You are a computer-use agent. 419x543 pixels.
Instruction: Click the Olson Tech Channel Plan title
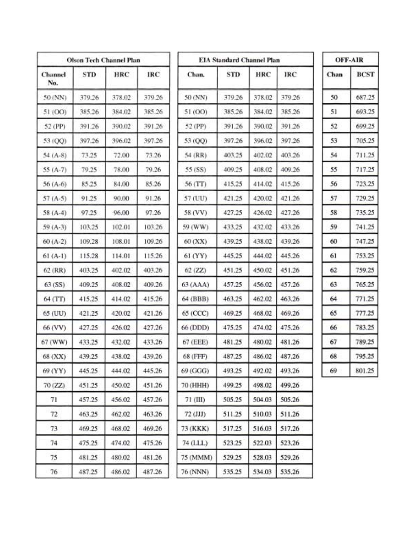point(103,60)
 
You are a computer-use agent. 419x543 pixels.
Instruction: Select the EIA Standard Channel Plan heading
point(239,60)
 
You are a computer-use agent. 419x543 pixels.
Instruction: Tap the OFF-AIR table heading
point(349,60)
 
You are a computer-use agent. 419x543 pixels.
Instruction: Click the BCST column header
point(365,74)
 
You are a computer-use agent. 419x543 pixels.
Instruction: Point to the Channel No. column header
point(54,78)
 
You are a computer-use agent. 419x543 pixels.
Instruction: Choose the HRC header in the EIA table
point(263,74)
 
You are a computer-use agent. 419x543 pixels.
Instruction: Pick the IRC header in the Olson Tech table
point(153,74)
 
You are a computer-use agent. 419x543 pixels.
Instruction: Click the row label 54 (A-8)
point(54,155)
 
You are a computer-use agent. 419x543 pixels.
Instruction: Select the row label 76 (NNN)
point(196,472)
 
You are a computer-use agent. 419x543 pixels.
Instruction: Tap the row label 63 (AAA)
point(195,284)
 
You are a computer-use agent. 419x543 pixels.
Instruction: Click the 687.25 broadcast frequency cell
point(365,97)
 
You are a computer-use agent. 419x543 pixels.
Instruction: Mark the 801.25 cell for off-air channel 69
point(365,371)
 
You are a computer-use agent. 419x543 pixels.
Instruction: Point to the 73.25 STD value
point(89,155)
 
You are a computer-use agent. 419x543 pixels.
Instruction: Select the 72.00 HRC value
point(121,155)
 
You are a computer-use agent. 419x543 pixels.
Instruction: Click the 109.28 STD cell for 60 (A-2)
point(89,241)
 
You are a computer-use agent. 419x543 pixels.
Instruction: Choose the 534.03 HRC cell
point(262,472)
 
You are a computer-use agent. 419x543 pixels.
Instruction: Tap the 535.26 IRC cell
point(289,472)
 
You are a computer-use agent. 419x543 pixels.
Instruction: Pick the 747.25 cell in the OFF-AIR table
point(365,241)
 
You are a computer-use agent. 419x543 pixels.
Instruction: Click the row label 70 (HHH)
point(195,385)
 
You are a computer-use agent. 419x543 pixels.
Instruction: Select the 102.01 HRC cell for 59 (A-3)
point(121,227)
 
